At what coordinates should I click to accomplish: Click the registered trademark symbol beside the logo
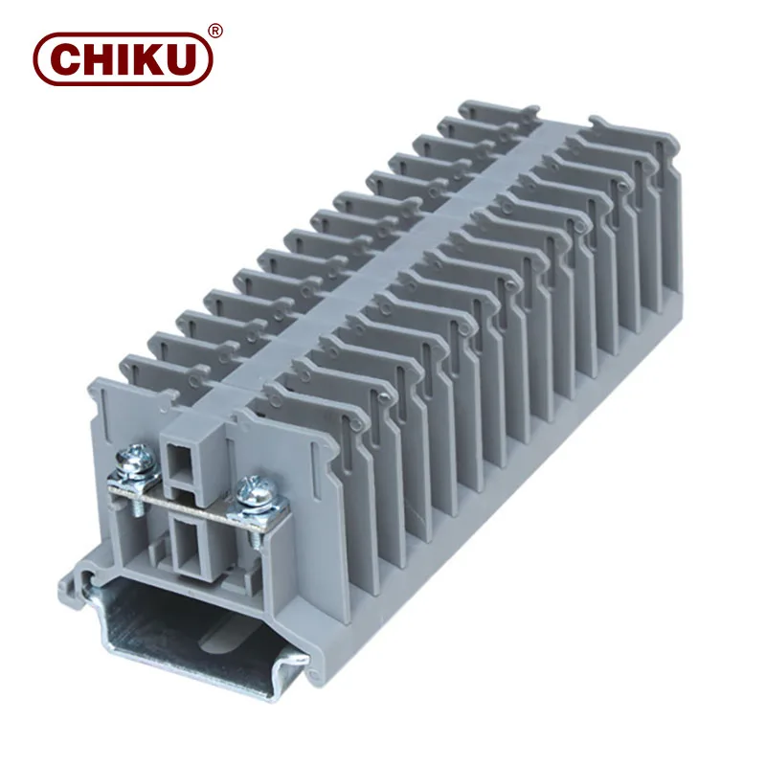(215, 32)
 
